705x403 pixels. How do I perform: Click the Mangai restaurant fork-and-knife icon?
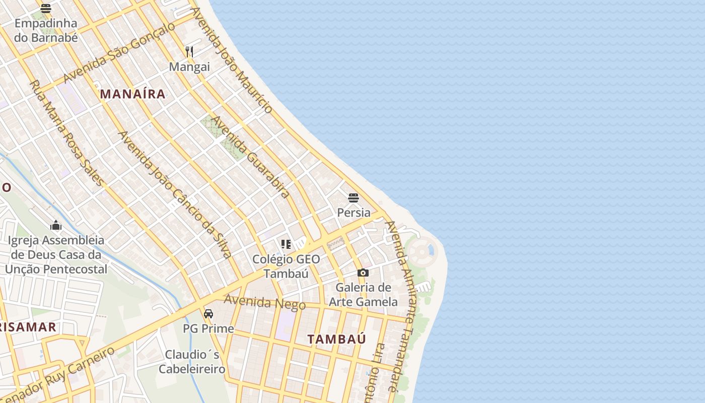point(189,51)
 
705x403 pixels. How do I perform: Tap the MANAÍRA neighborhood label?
point(132,94)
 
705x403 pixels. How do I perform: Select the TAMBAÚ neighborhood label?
point(337,339)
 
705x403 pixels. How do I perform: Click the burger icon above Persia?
point(354,197)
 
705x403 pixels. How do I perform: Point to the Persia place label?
point(354,213)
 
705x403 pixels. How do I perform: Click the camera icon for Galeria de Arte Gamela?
point(363,273)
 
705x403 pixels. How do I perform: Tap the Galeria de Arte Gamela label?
point(363,295)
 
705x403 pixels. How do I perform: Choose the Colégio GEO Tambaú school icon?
point(286,245)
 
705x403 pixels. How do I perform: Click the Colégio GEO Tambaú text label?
point(286,266)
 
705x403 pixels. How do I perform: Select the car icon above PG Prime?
point(208,314)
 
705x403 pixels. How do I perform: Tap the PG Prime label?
point(208,328)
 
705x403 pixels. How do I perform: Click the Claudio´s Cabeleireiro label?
point(192,362)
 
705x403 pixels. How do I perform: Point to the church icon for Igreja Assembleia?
point(56,225)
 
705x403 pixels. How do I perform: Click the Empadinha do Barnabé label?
point(46,30)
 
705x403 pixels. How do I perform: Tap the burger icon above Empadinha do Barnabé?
point(46,8)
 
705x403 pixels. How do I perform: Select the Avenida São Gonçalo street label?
point(120,52)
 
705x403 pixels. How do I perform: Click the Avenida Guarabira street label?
point(250,157)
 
